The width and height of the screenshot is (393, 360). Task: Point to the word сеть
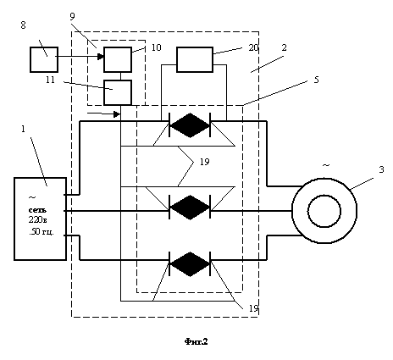tap(37, 210)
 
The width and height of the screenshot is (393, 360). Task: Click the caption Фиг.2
tap(196, 341)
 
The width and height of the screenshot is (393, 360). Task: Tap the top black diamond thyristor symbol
tap(190, 125)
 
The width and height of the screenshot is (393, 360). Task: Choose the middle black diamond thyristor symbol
tap(190, 208)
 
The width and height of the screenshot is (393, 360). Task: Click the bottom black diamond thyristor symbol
tap(190, 264)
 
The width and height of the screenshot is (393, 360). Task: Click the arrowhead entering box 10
tap(101, 57)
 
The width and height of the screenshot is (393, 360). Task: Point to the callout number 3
tap(381, 169)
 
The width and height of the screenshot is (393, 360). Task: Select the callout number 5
tap(316, 80)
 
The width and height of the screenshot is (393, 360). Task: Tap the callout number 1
tap(23, 129)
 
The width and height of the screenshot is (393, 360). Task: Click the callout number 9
tap(72, 17)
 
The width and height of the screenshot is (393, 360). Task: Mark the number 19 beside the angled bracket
tap(205, 162)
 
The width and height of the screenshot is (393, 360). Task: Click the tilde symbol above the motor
tap(326, 165)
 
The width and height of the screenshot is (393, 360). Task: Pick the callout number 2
tap(284, 47)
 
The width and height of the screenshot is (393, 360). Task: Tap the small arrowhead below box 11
tap(117, 114)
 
